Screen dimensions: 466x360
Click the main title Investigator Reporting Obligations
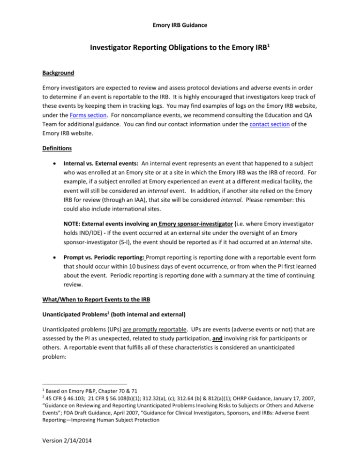tap(180, 45)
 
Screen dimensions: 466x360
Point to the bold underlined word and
tap(243, 367)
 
